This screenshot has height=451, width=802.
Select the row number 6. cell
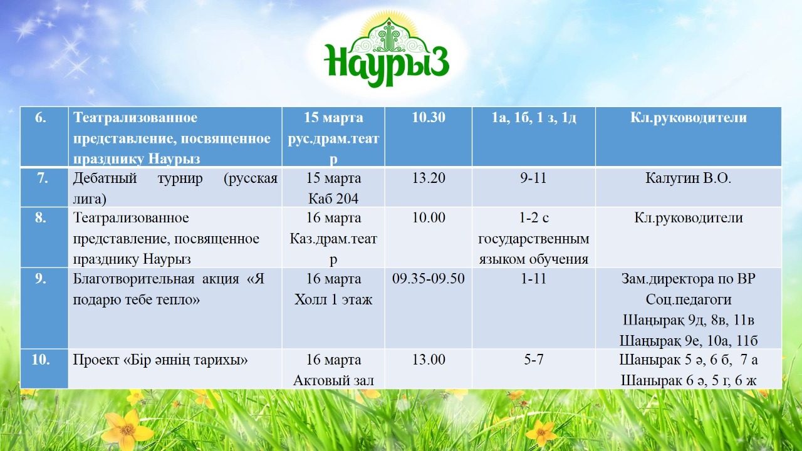pyautogui.click(x=44, y=137)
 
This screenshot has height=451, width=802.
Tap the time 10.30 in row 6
pyautogui.click(x=429, y=117)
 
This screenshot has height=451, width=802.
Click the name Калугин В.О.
pyautogui.click(x=688, y=178)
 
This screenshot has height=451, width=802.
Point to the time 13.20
pyautogui.click(x=429, y=178)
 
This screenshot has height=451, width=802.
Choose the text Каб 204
pyautogui.click(x=333, y=199)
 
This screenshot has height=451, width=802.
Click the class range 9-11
pyautogui.click(x=533, y=178)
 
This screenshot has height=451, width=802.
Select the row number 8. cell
pyautogui.click(x=44, y=237)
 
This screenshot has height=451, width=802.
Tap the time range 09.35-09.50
pyautogui.click(x=429, y=279)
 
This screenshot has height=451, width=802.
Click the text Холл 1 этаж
pyautogui.click(x=333, y=299)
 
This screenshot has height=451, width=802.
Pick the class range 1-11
pyautogui.click(x=533, y=279)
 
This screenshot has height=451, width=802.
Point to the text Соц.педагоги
pyautogui.click(x=688, y=299)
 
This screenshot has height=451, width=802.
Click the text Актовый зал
pyautogui.click(x=333, y=380)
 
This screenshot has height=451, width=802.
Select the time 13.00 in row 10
pyautogui.click(x=429, y=360)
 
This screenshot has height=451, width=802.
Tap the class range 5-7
pyautogui.click(x=533, y=360)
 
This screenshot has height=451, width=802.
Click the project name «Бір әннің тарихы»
pyautogui.click(x=185, y=360)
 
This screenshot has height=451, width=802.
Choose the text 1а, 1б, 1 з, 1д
pyautogui.click(x=533, y=118)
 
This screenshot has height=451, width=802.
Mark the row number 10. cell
pyautogui.click(x=44, y=369)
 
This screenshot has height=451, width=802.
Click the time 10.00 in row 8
pyautogui.click(x=429, y=217)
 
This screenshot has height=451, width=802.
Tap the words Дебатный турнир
pyautogui.click(x=138, y=179)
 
